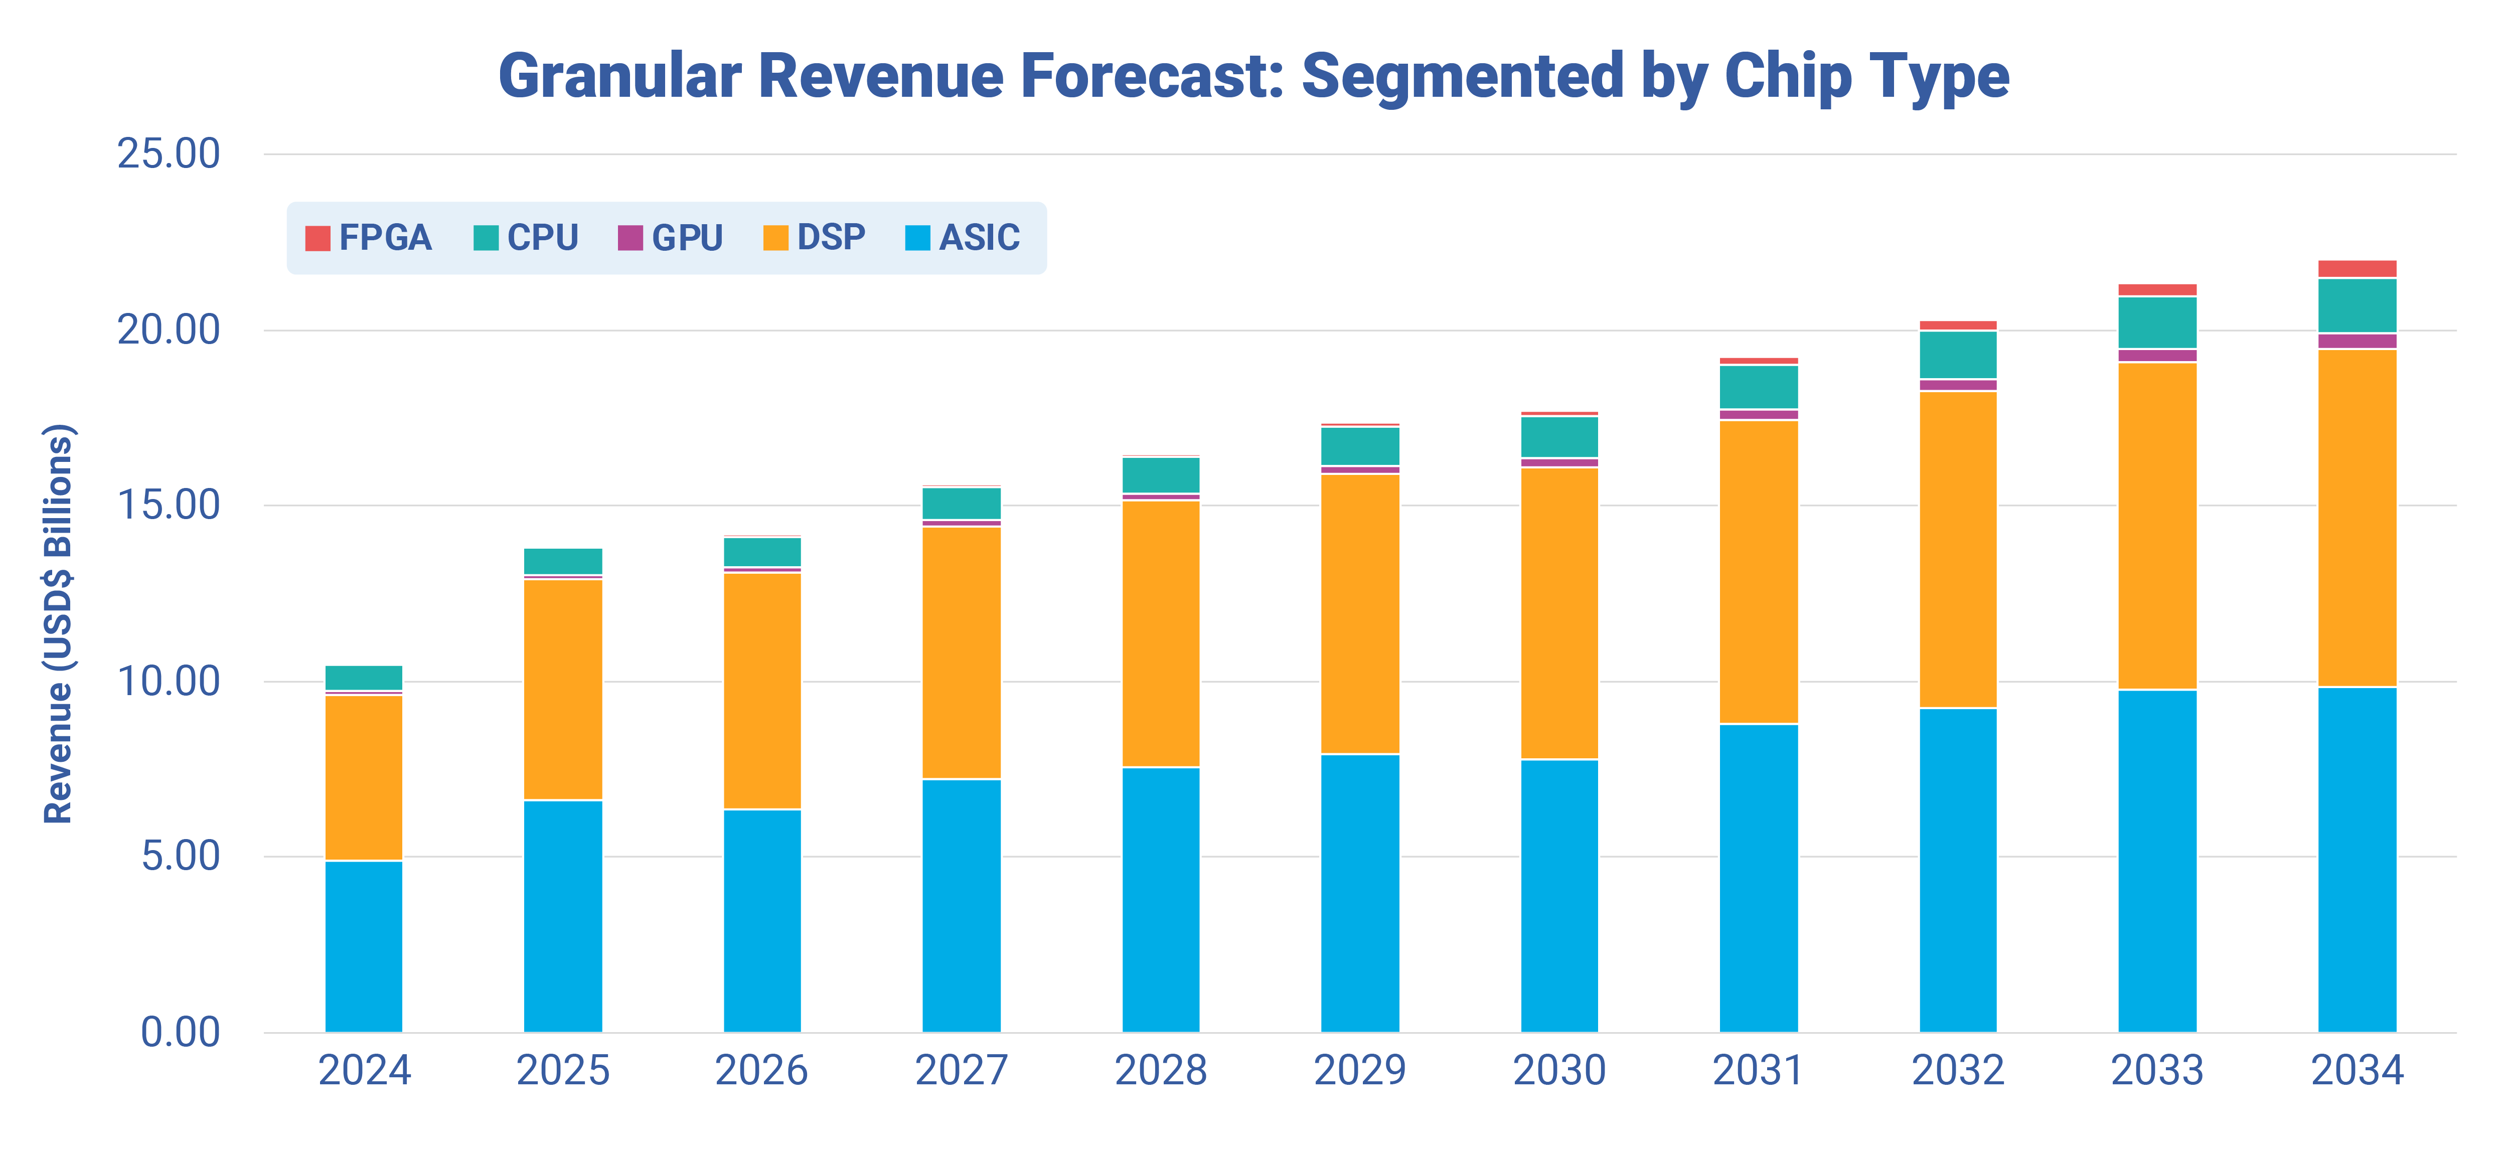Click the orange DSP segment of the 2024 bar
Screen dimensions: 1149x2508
(363, 777)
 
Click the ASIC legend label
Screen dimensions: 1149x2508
(979, 238)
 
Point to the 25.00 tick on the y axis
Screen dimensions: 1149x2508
(169, 154)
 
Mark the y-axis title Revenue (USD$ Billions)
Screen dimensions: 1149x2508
(58, 623)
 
